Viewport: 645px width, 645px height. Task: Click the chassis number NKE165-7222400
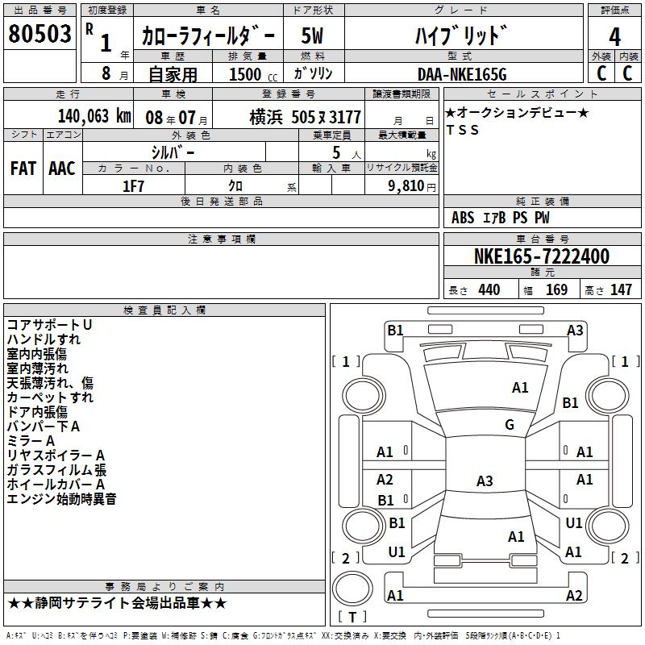click(x=541, y=257)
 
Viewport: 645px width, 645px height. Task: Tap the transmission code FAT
click(x=23, y=168)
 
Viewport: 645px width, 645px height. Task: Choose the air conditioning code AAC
click(x=62, y=168)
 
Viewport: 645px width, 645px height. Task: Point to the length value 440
click(x=489, y=290)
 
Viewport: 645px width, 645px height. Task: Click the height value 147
click(x=621, y=290)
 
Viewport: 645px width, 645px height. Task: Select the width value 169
click(x=556, y=290)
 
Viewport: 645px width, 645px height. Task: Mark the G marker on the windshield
click(x=509, y=425)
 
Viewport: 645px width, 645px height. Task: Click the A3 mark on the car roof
click(x=485, y=481)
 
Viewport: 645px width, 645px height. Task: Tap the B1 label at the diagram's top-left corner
click(x=395, y=330)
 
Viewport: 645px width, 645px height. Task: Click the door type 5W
click(x=313, y=35)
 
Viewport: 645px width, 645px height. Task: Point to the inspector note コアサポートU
click(x=49, y=325)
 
